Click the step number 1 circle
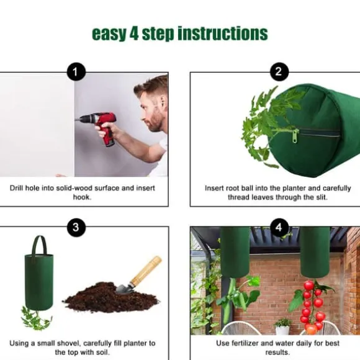76,71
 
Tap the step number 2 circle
279,71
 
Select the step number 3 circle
76,227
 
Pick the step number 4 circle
279,227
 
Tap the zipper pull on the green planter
295,136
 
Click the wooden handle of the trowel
146,270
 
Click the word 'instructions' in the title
223,34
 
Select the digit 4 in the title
133,34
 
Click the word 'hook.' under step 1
82,197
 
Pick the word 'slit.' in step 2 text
322,197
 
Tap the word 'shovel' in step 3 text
69,343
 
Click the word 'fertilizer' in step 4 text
245,343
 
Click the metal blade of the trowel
124,289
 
